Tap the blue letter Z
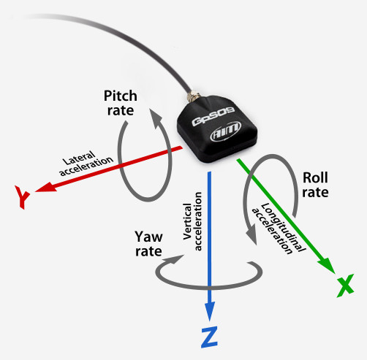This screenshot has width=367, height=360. (x=209, y=337)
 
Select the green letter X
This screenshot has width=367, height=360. (x=345, y=286)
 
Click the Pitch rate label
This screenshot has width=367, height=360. (x=121, y=103)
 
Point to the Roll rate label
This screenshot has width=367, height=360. (x=315, y=185)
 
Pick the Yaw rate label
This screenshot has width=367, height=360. (x=148, y=244)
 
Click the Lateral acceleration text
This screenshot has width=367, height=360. (x=86, y=163)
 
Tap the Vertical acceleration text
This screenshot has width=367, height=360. (x=192, y=221)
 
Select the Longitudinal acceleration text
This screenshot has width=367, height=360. (x=279, y=229)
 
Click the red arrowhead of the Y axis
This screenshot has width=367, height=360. (x=46, y=187)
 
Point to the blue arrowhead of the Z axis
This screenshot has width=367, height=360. (x=209, y=311)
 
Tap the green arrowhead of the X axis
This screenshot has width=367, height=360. (x=328, y=265)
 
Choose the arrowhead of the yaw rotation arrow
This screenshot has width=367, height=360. (x=174, y=259)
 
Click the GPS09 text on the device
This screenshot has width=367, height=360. (x=213, y=116)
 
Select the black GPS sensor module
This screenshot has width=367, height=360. (x=217, y=129)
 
